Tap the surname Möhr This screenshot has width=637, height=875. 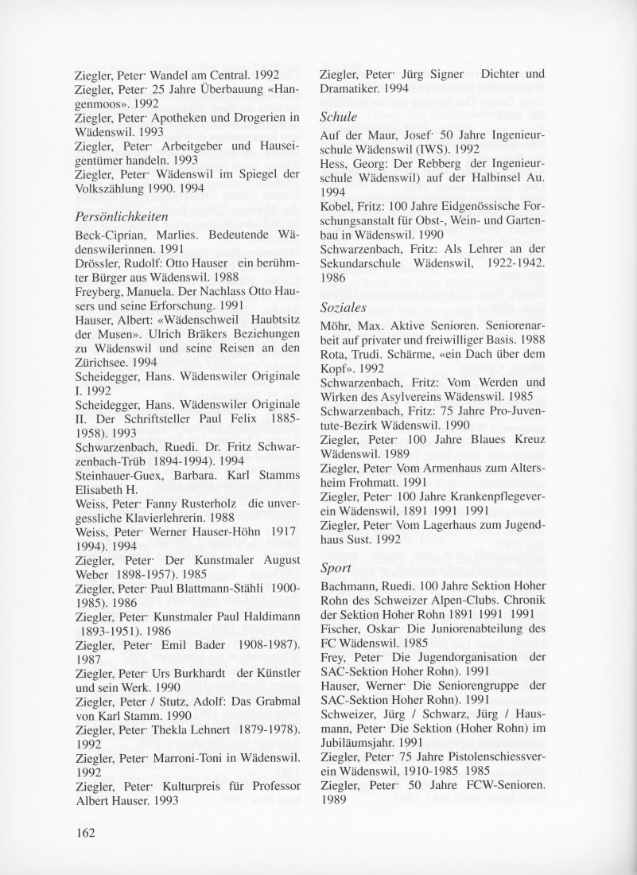click(336, 329)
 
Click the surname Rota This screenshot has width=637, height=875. click(332, 358)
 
